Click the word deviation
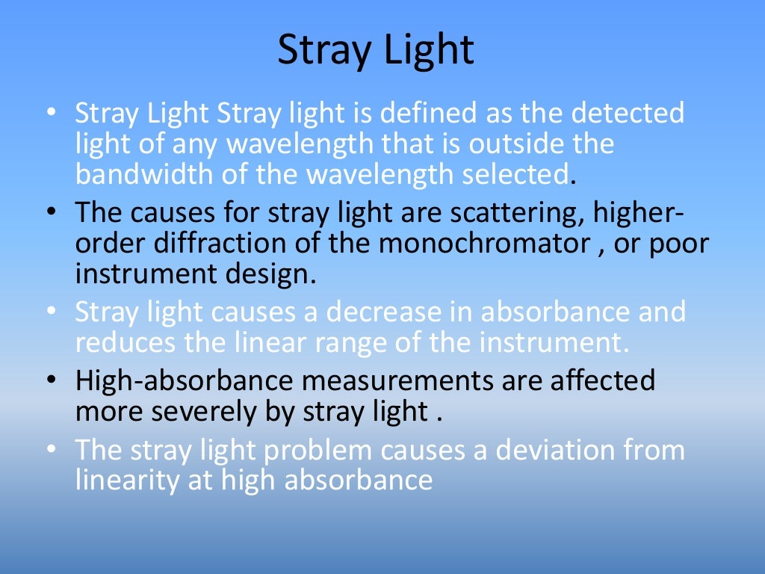[557, 450]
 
